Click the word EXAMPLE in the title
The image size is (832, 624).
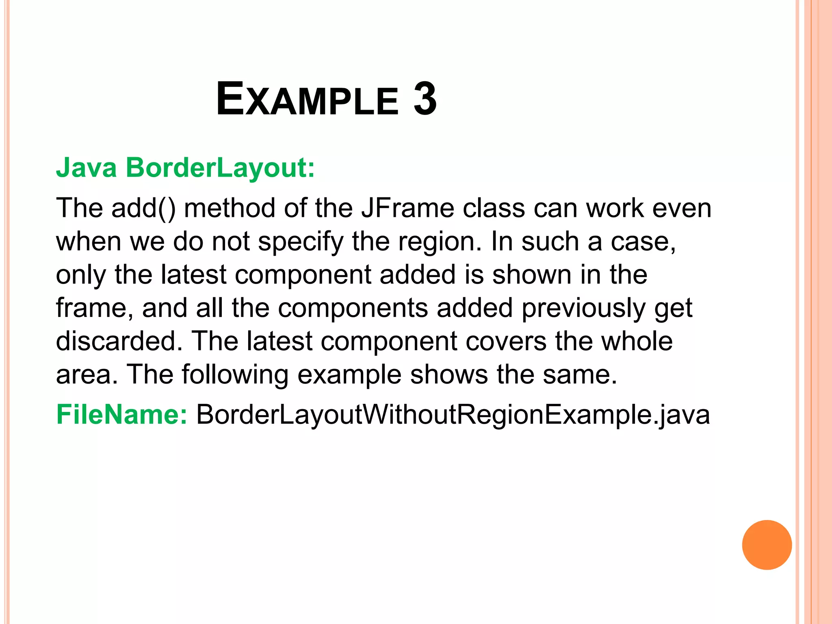(307, 100)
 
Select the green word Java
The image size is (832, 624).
(87, 167)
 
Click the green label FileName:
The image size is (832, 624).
(121, 415)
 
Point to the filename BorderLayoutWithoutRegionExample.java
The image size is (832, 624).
(453, 415)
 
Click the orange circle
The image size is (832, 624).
(767, 545)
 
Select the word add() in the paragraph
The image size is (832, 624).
(143, 208)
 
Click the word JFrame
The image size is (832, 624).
(407, 208)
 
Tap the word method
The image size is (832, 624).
(230, 208)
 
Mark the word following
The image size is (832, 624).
(235, 375)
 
